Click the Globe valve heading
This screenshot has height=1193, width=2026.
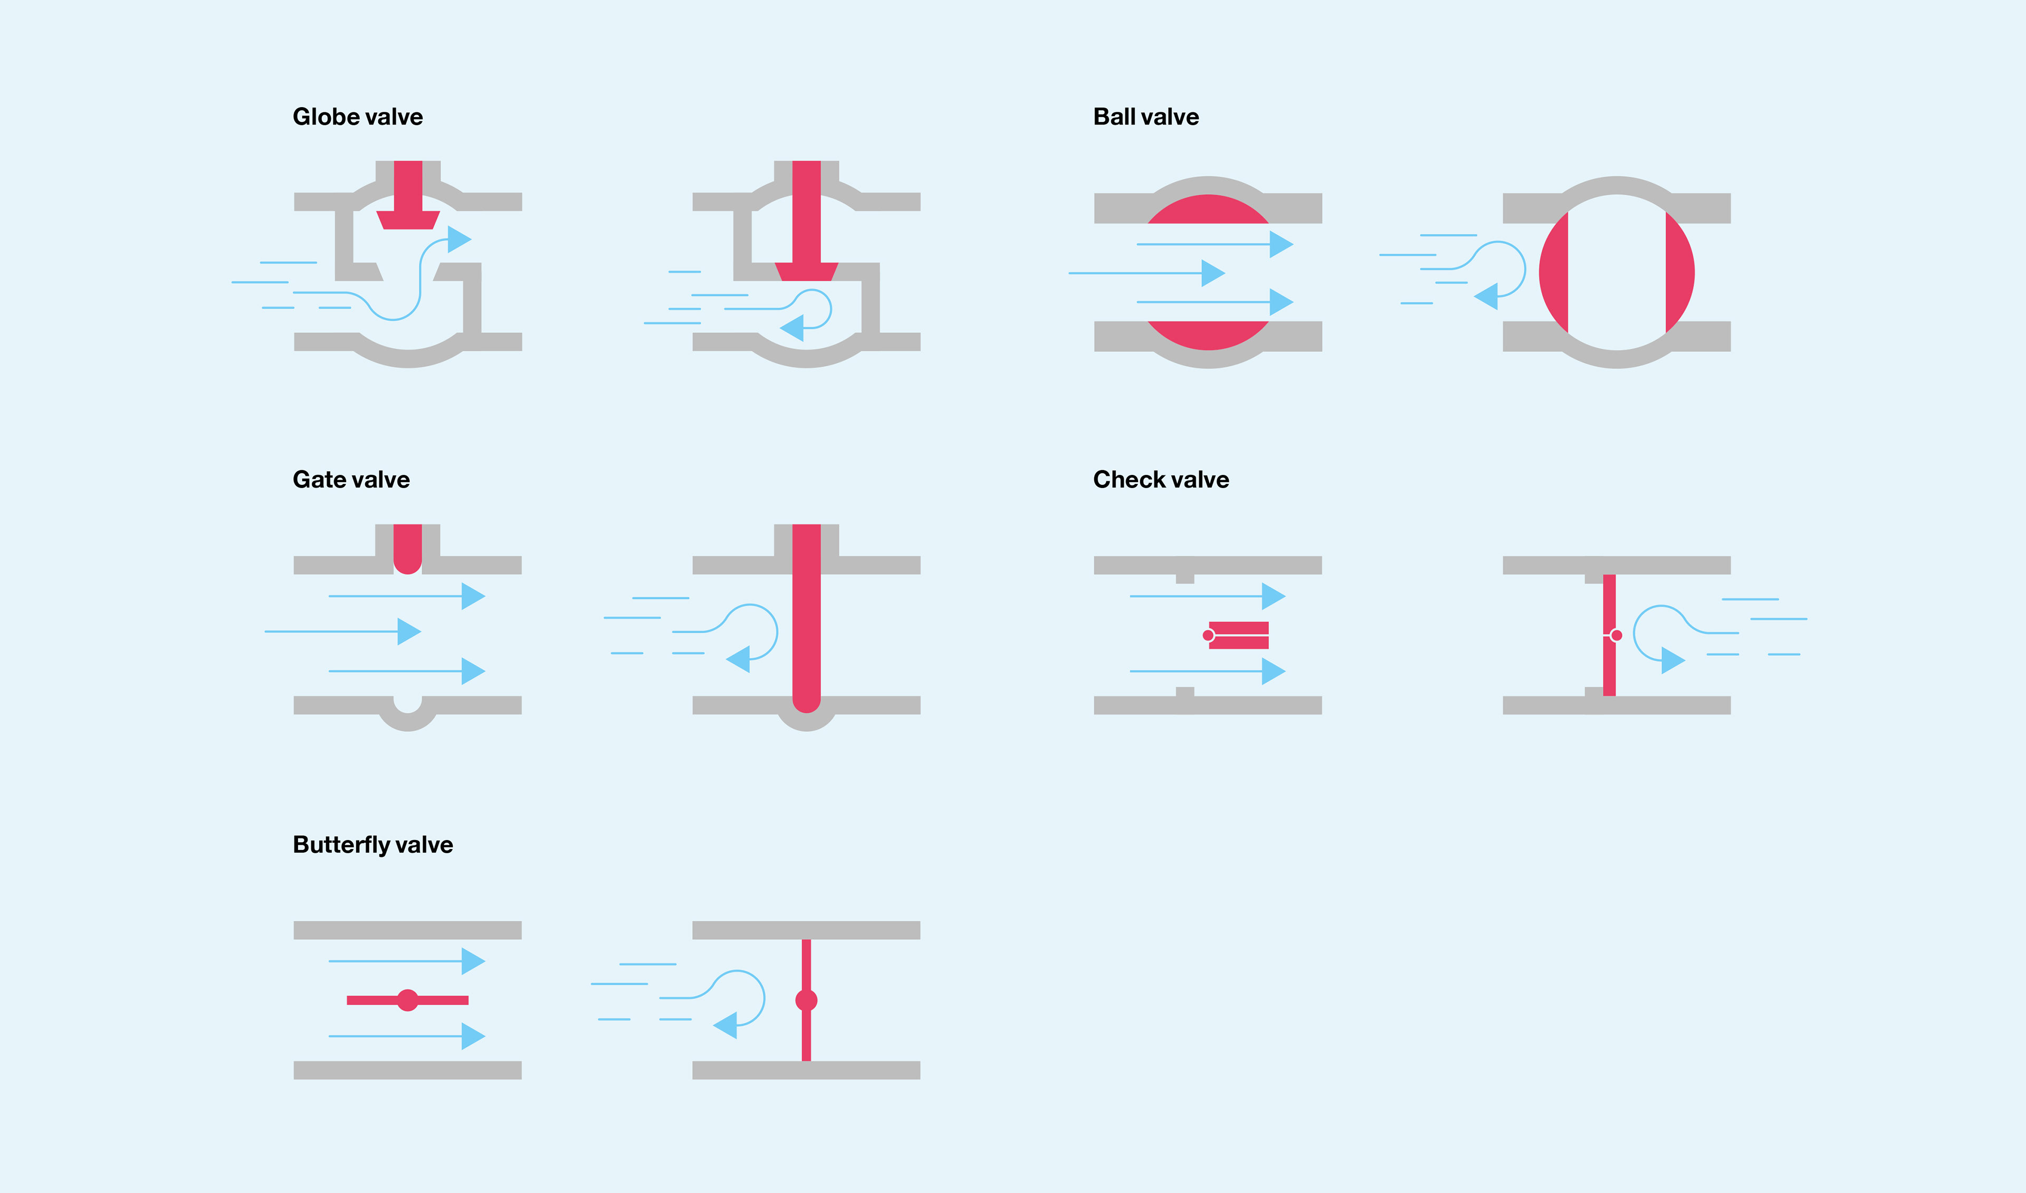(357, 117)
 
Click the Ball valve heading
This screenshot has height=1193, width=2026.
(1145, 117)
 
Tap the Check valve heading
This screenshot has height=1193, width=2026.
(1160, 480)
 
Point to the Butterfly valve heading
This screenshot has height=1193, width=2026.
(372, 845)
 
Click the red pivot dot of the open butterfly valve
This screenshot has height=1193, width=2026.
(408, 1000)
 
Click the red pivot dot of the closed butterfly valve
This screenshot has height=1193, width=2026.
(806, 1000)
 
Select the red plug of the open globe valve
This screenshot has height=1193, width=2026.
(408, 218)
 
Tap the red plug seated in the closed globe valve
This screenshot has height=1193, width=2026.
(806, 271)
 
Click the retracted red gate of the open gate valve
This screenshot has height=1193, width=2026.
(408, 547)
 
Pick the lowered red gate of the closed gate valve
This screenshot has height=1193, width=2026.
(806, 619)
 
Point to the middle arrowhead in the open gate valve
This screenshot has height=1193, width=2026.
(408, 632)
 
